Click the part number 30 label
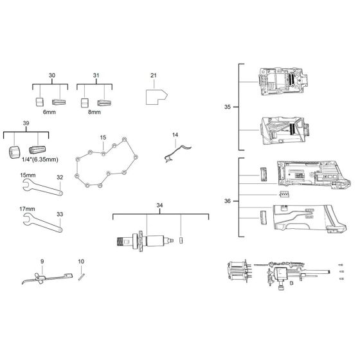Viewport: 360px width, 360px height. pos(52,75)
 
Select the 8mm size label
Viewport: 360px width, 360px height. pos(94,112)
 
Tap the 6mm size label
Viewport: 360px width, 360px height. pos(50,112)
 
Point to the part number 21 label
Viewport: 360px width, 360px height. pos(154,75)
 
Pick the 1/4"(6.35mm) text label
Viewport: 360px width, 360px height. pos(40,159)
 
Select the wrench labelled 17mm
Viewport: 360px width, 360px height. pos(42,222)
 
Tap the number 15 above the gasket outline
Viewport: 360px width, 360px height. pos(103,138)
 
